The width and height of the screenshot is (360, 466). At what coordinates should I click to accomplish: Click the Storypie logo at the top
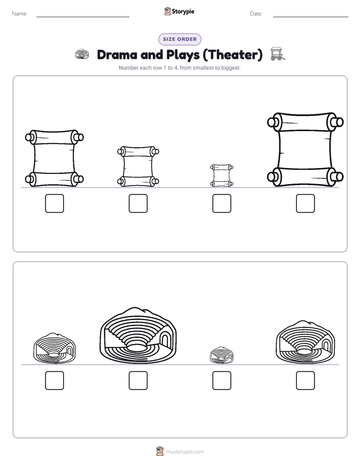(x=179, y=11)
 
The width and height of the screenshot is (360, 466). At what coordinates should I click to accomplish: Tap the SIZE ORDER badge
(x=179, y=39)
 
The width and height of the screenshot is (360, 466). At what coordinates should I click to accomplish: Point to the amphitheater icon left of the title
(x=82, y=54)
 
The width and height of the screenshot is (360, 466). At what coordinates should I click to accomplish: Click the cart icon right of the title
(x=278, y=54)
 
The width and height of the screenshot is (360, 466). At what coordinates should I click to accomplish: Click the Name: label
(x=20, y=14)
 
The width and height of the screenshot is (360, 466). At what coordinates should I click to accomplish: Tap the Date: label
(x=256, y=14)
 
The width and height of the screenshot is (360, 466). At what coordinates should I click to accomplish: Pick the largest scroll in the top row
(x=306, y=149)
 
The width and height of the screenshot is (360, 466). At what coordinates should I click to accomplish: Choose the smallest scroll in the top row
(x=221, y=176)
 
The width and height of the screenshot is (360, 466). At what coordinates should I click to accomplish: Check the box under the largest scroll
(x=306, y=204)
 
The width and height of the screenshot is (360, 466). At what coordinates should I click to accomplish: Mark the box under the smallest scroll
(x=221, y=204)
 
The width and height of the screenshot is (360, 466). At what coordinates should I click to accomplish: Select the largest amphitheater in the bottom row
(x=138, y=335)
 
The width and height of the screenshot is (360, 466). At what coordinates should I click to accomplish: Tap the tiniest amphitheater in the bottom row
(x=221, y=355)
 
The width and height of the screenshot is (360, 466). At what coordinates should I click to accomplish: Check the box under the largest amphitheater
(x=138, y=380)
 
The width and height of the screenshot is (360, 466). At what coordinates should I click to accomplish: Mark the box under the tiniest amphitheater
(x=221, y=380)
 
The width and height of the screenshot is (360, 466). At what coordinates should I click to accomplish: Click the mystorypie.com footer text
(x=185, y=452)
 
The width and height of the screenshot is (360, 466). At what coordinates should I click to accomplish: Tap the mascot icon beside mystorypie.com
(x=160, y=451)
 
